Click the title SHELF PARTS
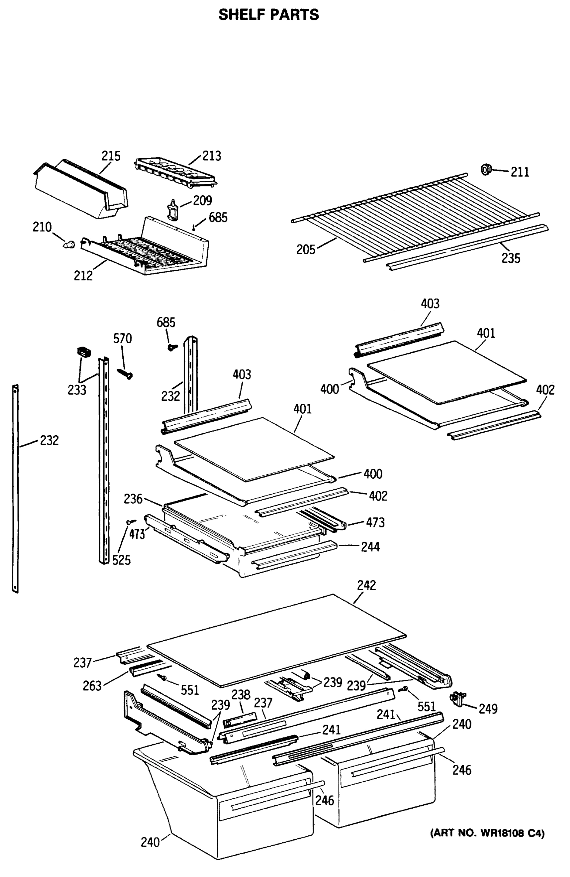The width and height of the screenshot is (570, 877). coord(268,15)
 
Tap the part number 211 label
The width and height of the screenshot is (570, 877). coord(519,172)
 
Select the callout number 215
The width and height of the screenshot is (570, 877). coord(111,156)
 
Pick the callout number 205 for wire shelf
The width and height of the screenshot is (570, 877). coord(306,250)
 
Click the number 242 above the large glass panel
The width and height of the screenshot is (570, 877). coord(366,585)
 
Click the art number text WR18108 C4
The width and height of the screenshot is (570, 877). coord(487,834)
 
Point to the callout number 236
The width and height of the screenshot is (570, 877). coord(133,499)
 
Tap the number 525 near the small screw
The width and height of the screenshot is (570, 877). coord(121,561)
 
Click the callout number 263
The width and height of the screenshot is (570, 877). coord(92,686)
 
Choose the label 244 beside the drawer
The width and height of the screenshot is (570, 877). coord(370,547)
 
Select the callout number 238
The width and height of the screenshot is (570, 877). coord(240,695)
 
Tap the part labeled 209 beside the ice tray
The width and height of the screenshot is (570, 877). coord(172,209)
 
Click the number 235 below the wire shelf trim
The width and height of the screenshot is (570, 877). coord(510,258)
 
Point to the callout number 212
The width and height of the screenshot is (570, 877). coord(83,276)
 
